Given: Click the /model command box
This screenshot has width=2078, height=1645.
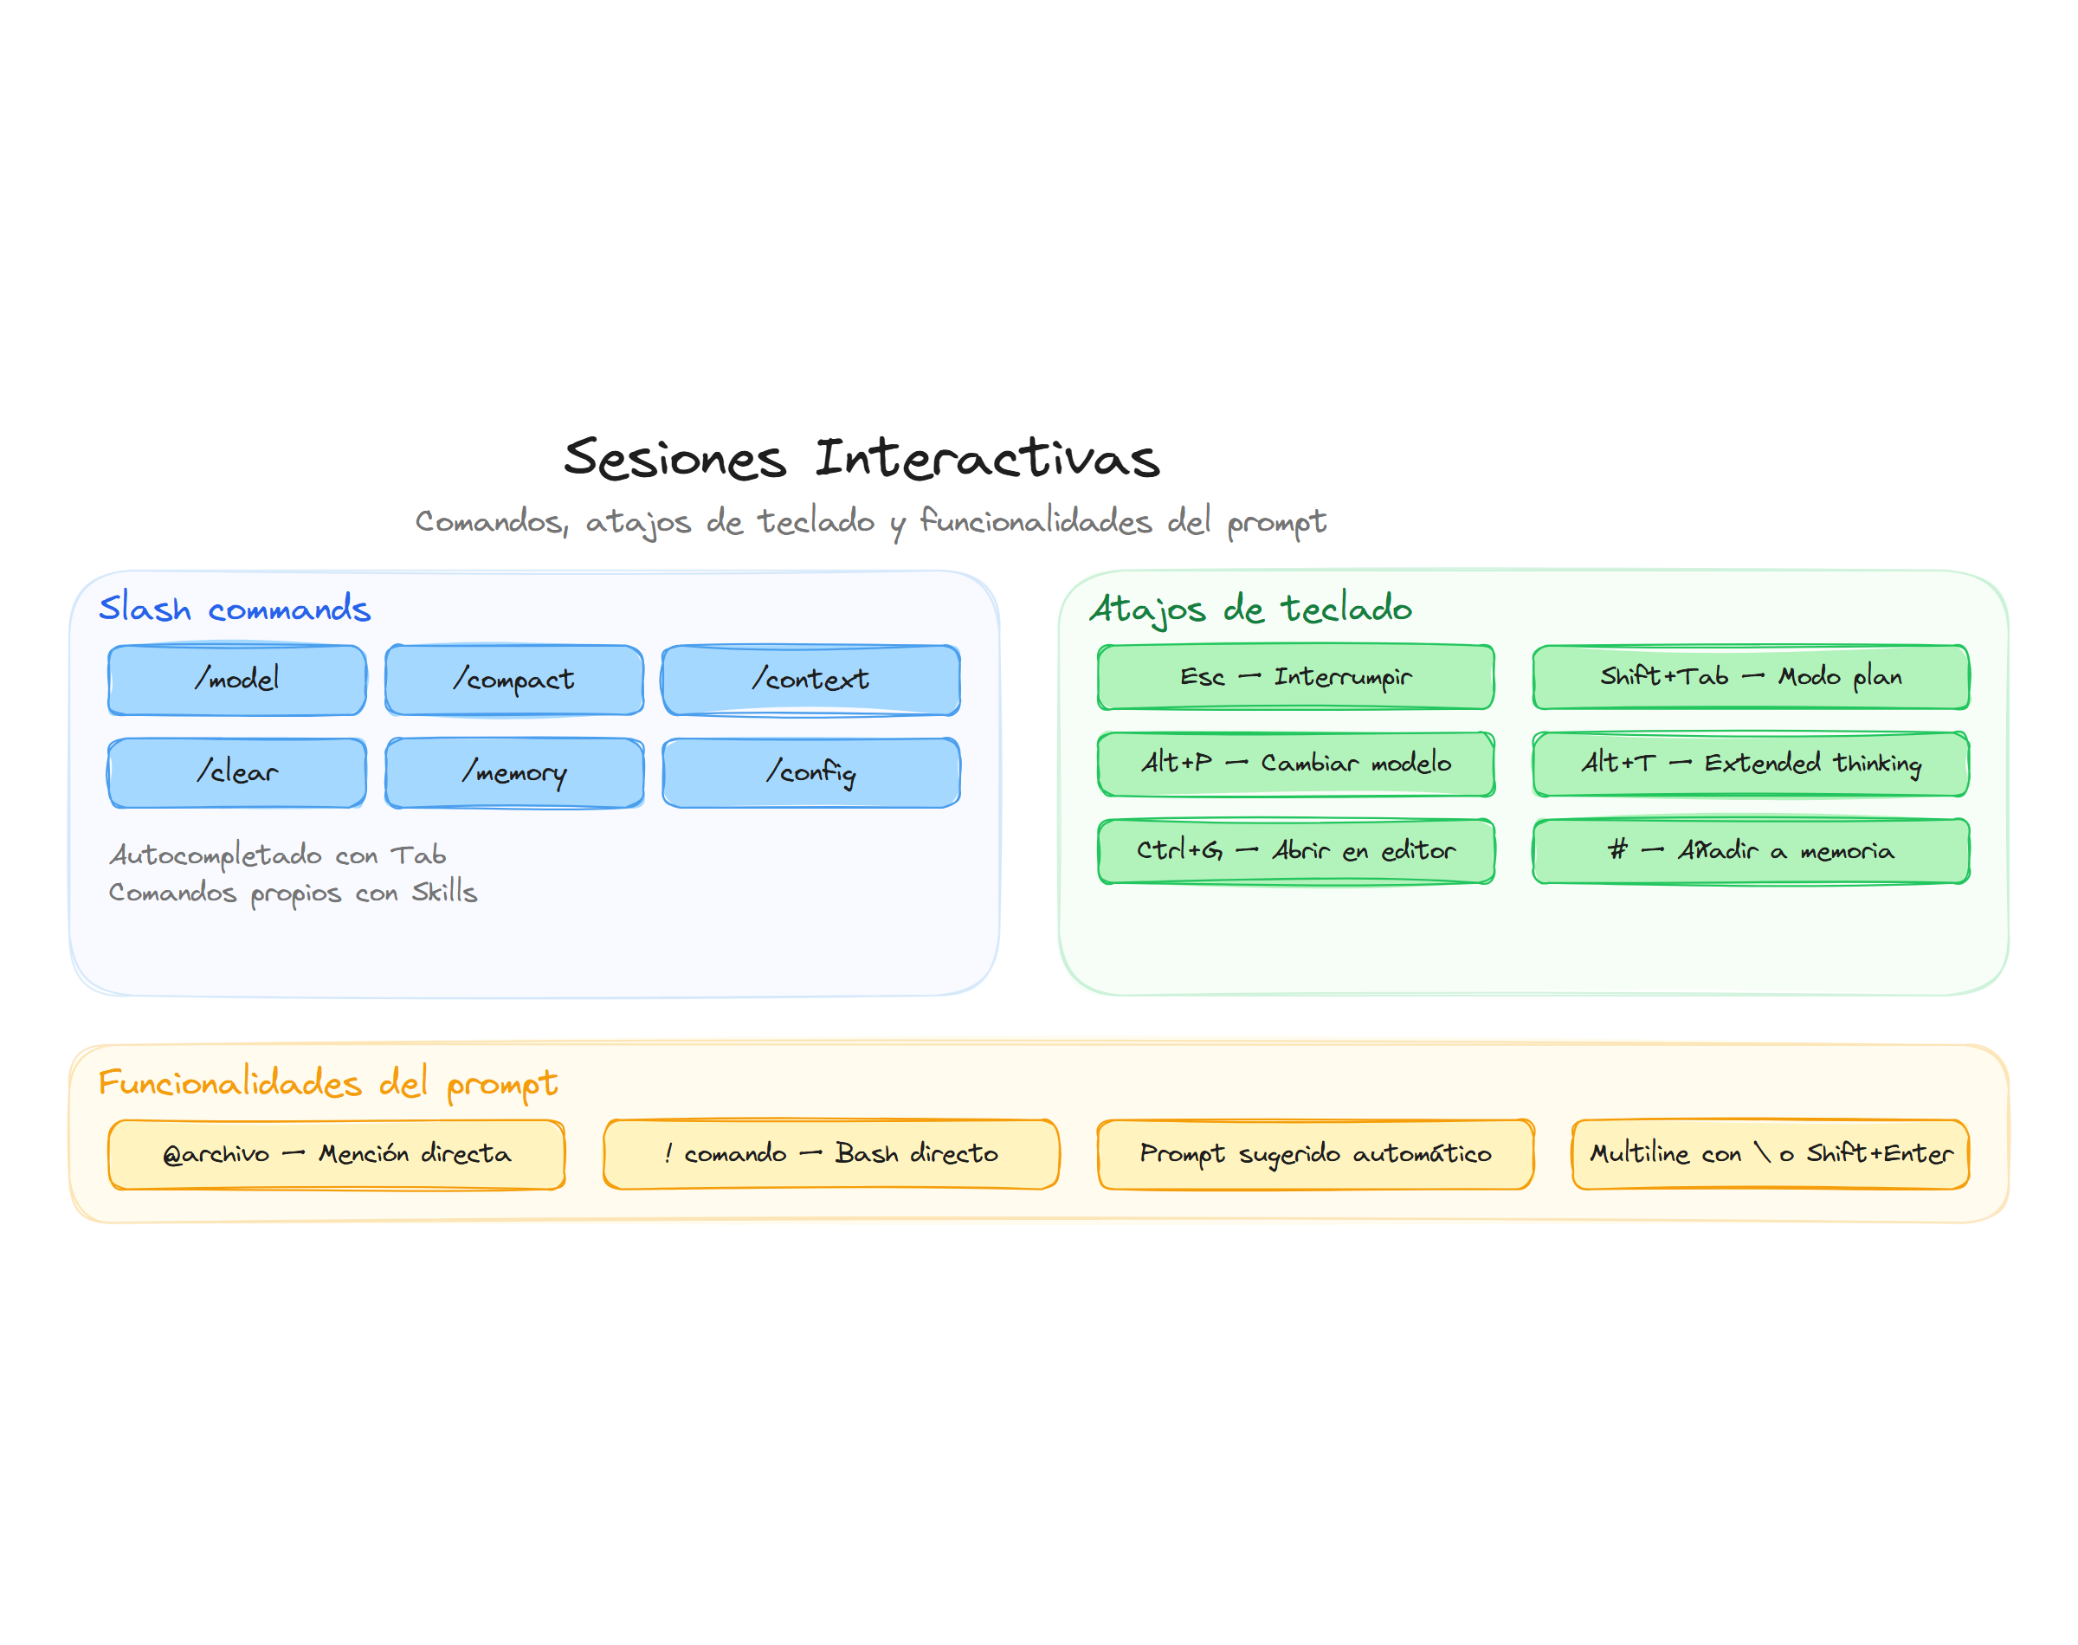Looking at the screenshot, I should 237,680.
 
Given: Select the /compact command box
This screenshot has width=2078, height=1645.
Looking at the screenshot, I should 514,680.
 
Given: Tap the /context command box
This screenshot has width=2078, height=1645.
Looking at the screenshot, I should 810,680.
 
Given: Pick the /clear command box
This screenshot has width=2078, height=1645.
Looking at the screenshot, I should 237,772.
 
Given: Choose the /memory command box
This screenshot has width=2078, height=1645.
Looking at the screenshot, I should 514,772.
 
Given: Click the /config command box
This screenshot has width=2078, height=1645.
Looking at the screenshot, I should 810,772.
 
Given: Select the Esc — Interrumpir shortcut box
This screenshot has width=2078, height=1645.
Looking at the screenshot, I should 1295,677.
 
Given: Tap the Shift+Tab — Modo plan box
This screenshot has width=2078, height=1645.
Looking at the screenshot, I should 1750,677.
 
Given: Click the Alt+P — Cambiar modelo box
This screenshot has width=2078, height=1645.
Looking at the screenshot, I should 1295,764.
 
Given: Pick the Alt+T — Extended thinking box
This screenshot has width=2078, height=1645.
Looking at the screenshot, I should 1750,764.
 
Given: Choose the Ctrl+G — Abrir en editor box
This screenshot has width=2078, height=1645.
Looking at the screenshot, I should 1295,850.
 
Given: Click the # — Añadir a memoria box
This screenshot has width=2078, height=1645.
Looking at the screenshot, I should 1750,850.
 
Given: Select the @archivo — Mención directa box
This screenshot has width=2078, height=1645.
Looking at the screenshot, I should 336,1154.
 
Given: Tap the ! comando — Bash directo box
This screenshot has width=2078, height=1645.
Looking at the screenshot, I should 830,1154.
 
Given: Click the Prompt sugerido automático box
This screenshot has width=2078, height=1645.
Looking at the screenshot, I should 1314,1154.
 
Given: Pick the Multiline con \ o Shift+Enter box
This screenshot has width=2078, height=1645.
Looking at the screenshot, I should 1770,1154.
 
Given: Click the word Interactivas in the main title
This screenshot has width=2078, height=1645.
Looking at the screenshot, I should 987,459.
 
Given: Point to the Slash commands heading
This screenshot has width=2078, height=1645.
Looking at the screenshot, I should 234,609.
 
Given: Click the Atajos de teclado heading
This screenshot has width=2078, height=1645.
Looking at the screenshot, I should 1250,609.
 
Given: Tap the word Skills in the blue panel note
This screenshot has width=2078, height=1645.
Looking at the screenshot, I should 444,893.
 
